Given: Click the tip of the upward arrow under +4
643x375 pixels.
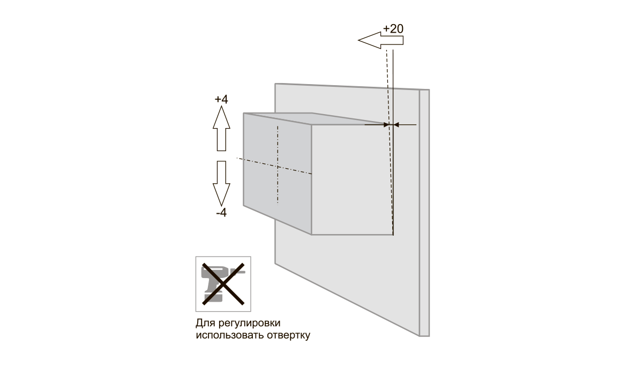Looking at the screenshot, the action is pos(221,106).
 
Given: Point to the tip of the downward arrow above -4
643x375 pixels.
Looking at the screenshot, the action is pos(221,206).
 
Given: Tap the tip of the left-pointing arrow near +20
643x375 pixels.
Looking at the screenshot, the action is pos(358,40).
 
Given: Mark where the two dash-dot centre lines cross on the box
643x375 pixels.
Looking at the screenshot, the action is pos(278,167).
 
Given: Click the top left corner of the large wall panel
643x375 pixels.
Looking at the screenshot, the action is pos(275,84).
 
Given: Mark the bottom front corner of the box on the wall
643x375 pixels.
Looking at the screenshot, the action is pos(311,235).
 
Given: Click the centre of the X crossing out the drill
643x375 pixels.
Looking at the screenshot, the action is pos(223,284).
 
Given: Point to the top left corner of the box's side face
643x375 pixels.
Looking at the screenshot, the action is pos(244,114).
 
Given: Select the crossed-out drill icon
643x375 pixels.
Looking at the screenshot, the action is pos(223,284).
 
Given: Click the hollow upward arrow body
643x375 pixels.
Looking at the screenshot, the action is pos(221,129).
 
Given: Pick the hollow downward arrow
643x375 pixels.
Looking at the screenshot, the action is pos(221,183).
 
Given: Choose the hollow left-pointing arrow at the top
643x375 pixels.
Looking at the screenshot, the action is pos(381,40).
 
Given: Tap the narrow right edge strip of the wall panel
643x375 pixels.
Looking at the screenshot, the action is pos(424,213).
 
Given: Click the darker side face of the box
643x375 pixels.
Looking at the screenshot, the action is pos(278,174).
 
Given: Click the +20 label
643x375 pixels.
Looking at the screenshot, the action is pos(393,29).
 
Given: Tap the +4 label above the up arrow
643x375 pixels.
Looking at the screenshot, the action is pos(221,99).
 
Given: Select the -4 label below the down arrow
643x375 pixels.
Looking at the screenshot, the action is pos(221,213).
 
